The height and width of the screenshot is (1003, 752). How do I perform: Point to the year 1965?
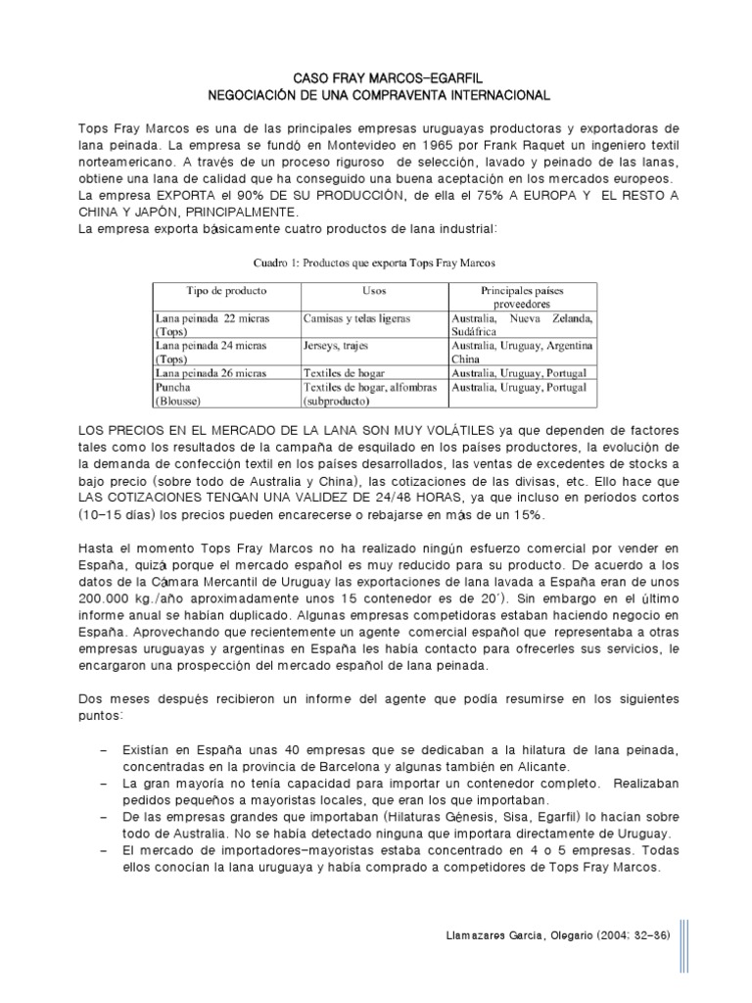coord(374,147)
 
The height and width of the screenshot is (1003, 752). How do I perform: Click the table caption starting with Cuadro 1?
coord(375,263)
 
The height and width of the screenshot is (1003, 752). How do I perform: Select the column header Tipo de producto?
coord(226,292)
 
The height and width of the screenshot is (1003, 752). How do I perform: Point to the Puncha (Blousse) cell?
coord(179,394)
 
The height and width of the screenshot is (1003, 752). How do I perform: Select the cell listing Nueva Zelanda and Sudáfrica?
coord(521,325)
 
